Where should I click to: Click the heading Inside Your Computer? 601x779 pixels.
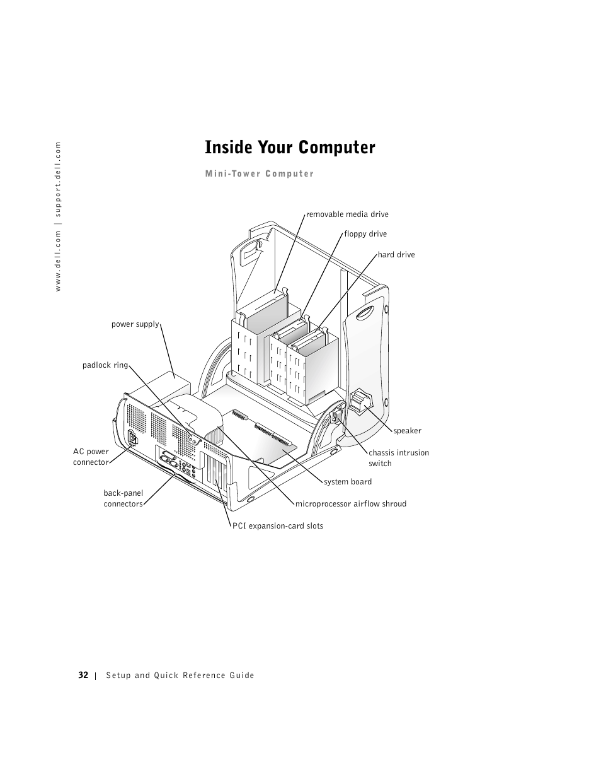[290, 148]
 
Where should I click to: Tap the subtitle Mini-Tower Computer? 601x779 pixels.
[260, 174]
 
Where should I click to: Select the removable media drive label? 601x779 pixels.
[347, 214]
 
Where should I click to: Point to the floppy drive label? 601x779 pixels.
[365, 234]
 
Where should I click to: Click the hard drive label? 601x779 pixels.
[396, 255]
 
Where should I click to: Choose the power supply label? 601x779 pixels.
[135, 324]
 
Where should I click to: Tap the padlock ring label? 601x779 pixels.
[105, 365]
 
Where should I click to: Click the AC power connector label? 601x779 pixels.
[91, 457]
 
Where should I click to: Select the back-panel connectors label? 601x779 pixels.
[123, 498]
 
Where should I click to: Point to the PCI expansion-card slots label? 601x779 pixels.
[278, 526]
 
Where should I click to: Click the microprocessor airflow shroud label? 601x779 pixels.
[351, 504]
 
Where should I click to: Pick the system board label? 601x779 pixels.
[348, 482]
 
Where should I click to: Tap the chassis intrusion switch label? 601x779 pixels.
[399, 458]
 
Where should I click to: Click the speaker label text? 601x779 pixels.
[408, 431]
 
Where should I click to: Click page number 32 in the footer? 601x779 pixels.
[83, 675]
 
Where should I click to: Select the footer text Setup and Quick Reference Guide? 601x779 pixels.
[180, 676]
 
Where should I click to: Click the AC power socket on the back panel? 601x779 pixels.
[132, 439]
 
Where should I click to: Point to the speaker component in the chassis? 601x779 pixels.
[361, 401]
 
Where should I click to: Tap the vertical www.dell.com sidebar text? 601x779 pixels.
[57, 216]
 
